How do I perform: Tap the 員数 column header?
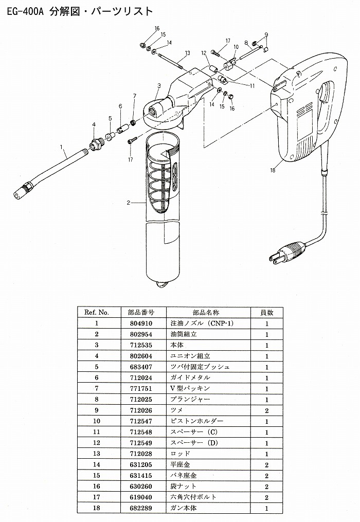(267, 312)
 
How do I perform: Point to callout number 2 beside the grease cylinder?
(128, 203)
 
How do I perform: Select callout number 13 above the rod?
(188, 53)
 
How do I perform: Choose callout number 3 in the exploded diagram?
(160, 85)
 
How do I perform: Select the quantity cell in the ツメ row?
(267, 410)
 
